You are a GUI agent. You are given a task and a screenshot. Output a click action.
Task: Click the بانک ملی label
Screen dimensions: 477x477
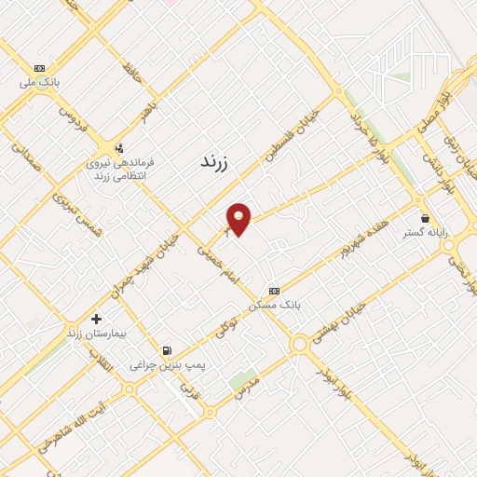point(41,82)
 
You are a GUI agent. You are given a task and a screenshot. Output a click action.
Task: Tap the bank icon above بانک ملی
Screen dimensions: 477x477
point(39,68)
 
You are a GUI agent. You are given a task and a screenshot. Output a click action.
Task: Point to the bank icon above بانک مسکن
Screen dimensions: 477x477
point(273,291)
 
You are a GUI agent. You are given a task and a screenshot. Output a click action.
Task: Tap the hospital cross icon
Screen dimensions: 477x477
point(96,319)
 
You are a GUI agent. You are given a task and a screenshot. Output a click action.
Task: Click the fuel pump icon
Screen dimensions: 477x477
point(167,351)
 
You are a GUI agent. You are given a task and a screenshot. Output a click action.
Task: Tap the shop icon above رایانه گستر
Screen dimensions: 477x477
point(425,219)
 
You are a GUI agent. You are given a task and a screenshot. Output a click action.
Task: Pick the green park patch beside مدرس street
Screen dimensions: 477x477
point(242,380)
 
